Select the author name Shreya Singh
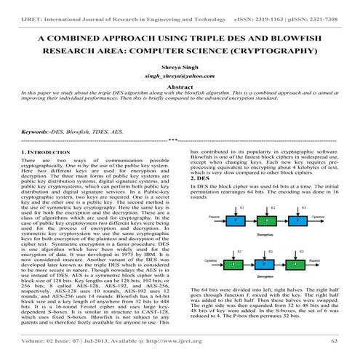[180, 74]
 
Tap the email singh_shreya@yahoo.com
[180, 86]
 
